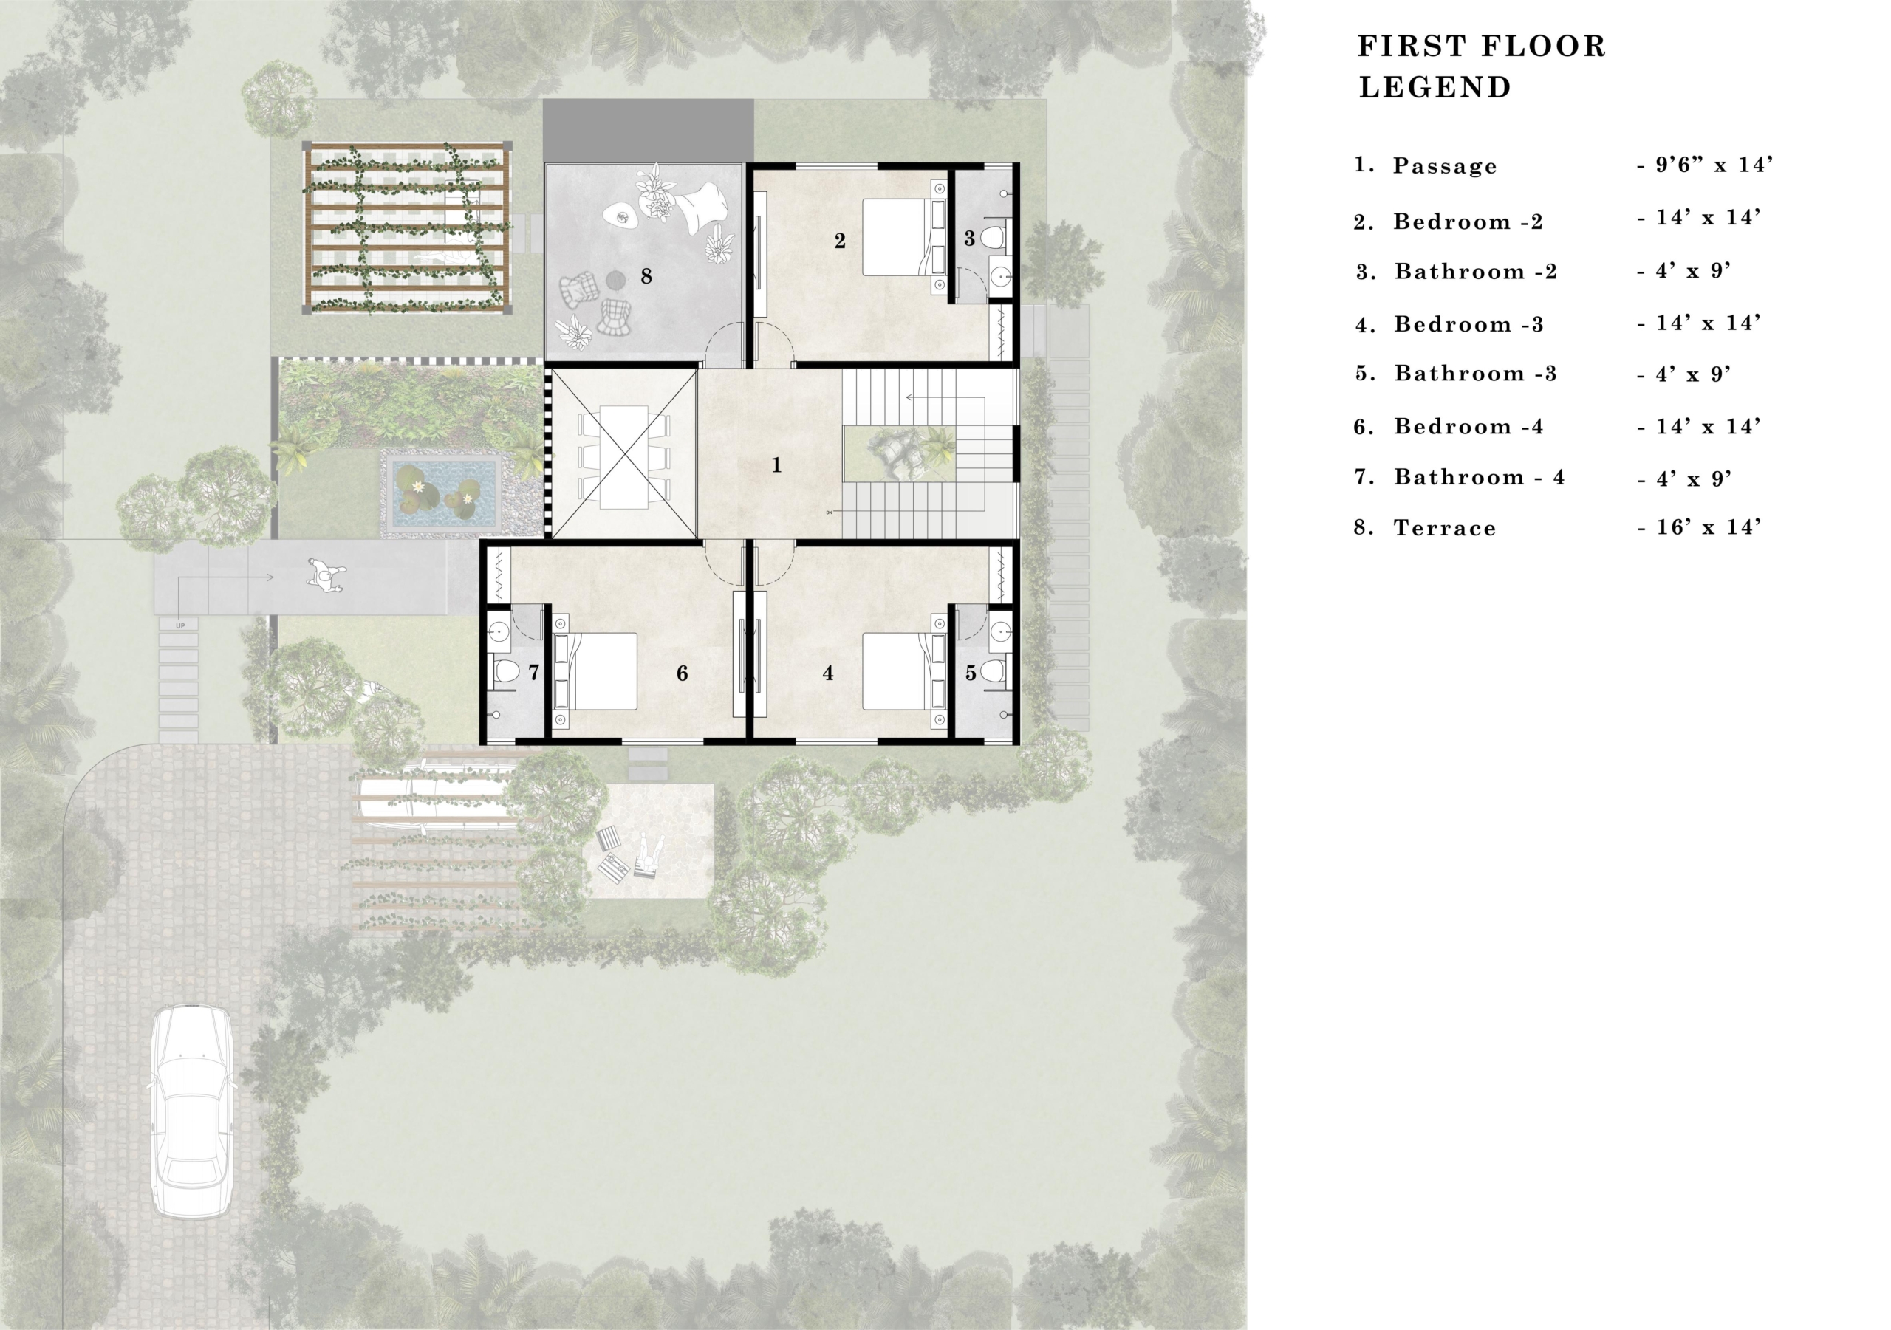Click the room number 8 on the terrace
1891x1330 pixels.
pyautogui.click(x=646, y=277)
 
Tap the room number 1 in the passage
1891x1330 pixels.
pyautogui.click(x=776, y=466)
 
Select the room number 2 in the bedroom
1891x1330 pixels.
pyautogui.click(x=839, y=241)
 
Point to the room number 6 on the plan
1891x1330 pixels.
pyautogui.click(x=682, y=673)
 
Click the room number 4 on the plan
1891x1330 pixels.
pyautogui.click(x=828, y=673)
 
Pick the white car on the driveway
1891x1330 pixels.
pyautogui.click(x=192, y=1111)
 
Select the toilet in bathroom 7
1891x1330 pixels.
pyautogui.click(x=506, y=672)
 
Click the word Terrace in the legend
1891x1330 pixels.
pyautogui.click(x=1445, y=529)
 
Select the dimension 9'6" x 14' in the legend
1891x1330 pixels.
pyautogui.click(x=1704, y=165)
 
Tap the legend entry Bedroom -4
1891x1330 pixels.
pyautogui.click(x=1468, y=427)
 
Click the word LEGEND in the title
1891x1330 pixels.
pyautogui.click(x=1435, y=87)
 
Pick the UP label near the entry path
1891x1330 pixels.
pyautogui.click(x=180, y=626)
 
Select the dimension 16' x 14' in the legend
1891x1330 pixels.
pyautogui.click(x=1699, y=528)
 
